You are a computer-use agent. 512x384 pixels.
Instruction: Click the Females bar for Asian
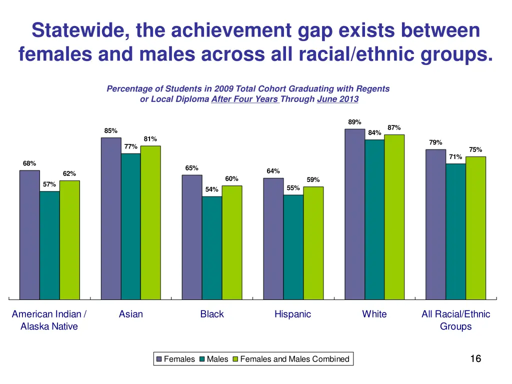click(111, 218)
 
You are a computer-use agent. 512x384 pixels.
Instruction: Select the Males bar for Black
click(212, 248)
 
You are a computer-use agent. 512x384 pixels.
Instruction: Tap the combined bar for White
click(394, 217)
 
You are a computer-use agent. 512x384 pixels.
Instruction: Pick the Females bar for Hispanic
click(273, 238)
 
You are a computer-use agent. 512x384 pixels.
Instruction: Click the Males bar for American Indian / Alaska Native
click(49, 245)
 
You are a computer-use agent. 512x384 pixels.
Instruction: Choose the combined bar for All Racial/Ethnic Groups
click(475, 228)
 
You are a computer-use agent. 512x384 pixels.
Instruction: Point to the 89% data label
click(354, 122)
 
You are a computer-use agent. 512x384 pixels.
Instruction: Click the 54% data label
click(212, 189)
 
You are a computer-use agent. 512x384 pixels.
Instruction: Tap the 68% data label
click(29, 163)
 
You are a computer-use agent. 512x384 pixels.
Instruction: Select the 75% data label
click(475, 149)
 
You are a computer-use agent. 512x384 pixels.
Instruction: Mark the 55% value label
click(293, 188)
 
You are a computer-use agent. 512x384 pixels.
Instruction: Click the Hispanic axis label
click(292, 314)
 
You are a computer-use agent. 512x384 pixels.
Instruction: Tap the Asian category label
click(131, 314)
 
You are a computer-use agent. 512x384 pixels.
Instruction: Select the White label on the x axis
click(374, 314)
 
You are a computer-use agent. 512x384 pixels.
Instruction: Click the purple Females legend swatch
click(159, 359)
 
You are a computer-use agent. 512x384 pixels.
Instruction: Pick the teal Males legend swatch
click(202, 359)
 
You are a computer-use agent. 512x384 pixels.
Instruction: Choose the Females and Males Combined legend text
click(294, 359)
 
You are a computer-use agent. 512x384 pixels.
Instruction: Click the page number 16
click(475, 358)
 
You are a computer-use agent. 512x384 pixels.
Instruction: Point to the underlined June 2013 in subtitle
click(337, 99)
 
